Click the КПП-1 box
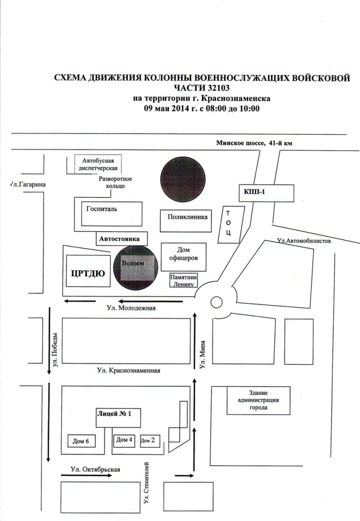click(x=266, y=193)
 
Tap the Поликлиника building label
click(x=187, y=217)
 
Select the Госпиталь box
click(x=112, y=214)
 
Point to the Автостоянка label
click(x=119, y=239)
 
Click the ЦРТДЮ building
click(x=88, y=271)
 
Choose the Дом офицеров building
click(x=183, y=257)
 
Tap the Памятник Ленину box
click(x=183, y=280)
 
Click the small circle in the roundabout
click(x=216, y=302)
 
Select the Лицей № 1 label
click(x=114, y=414)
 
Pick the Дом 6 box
click(x=81, y=441)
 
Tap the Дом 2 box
click(x=148, y=441)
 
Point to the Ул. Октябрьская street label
click(x=95, y=470)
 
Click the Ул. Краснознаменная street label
click(x=129, y=370)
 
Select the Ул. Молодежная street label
click(x=131, y=308)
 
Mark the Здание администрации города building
click(x=258, y=400)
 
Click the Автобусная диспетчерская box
click(x=98, y=164)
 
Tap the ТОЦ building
click(x=231, y=224)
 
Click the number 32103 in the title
click(x=219, y=88)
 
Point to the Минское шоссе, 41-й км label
click(x=254, y=143)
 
